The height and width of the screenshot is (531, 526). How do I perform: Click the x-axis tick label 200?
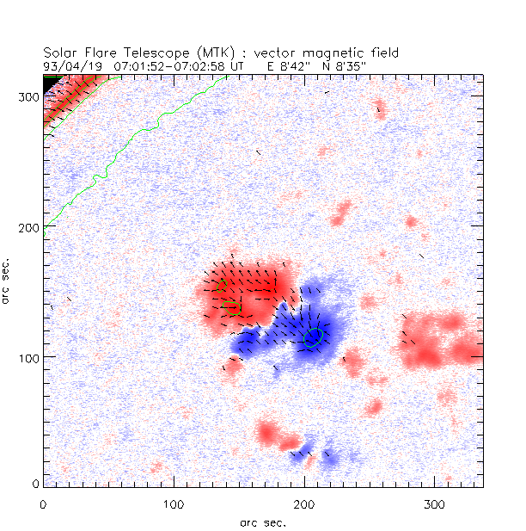(304, 503)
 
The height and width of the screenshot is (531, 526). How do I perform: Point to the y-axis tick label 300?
(29, 97)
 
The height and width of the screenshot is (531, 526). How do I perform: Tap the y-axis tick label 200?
(29, 227)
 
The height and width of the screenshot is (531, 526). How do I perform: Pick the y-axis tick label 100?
(29, 357)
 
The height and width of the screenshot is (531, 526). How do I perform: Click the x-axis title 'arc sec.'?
(263, 522)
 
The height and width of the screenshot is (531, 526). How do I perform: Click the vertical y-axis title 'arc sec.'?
(9, 280)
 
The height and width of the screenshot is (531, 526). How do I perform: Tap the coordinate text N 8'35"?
(336, 65)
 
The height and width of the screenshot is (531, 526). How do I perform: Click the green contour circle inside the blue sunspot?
(314, 337)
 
